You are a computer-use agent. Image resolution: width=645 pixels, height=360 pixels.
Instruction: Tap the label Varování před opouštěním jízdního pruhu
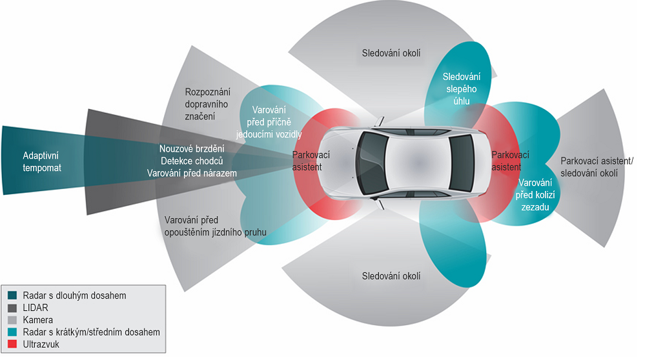(216, 226)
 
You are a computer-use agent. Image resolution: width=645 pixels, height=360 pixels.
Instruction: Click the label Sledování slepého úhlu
(460, 89)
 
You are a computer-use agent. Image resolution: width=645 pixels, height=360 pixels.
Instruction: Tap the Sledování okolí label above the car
(391, 53)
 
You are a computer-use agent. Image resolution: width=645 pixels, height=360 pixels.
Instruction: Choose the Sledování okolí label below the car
(391, 276)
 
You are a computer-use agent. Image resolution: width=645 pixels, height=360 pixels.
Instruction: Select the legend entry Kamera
(37, 320)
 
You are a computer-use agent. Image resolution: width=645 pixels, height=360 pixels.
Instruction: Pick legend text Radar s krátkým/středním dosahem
(90, 332)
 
